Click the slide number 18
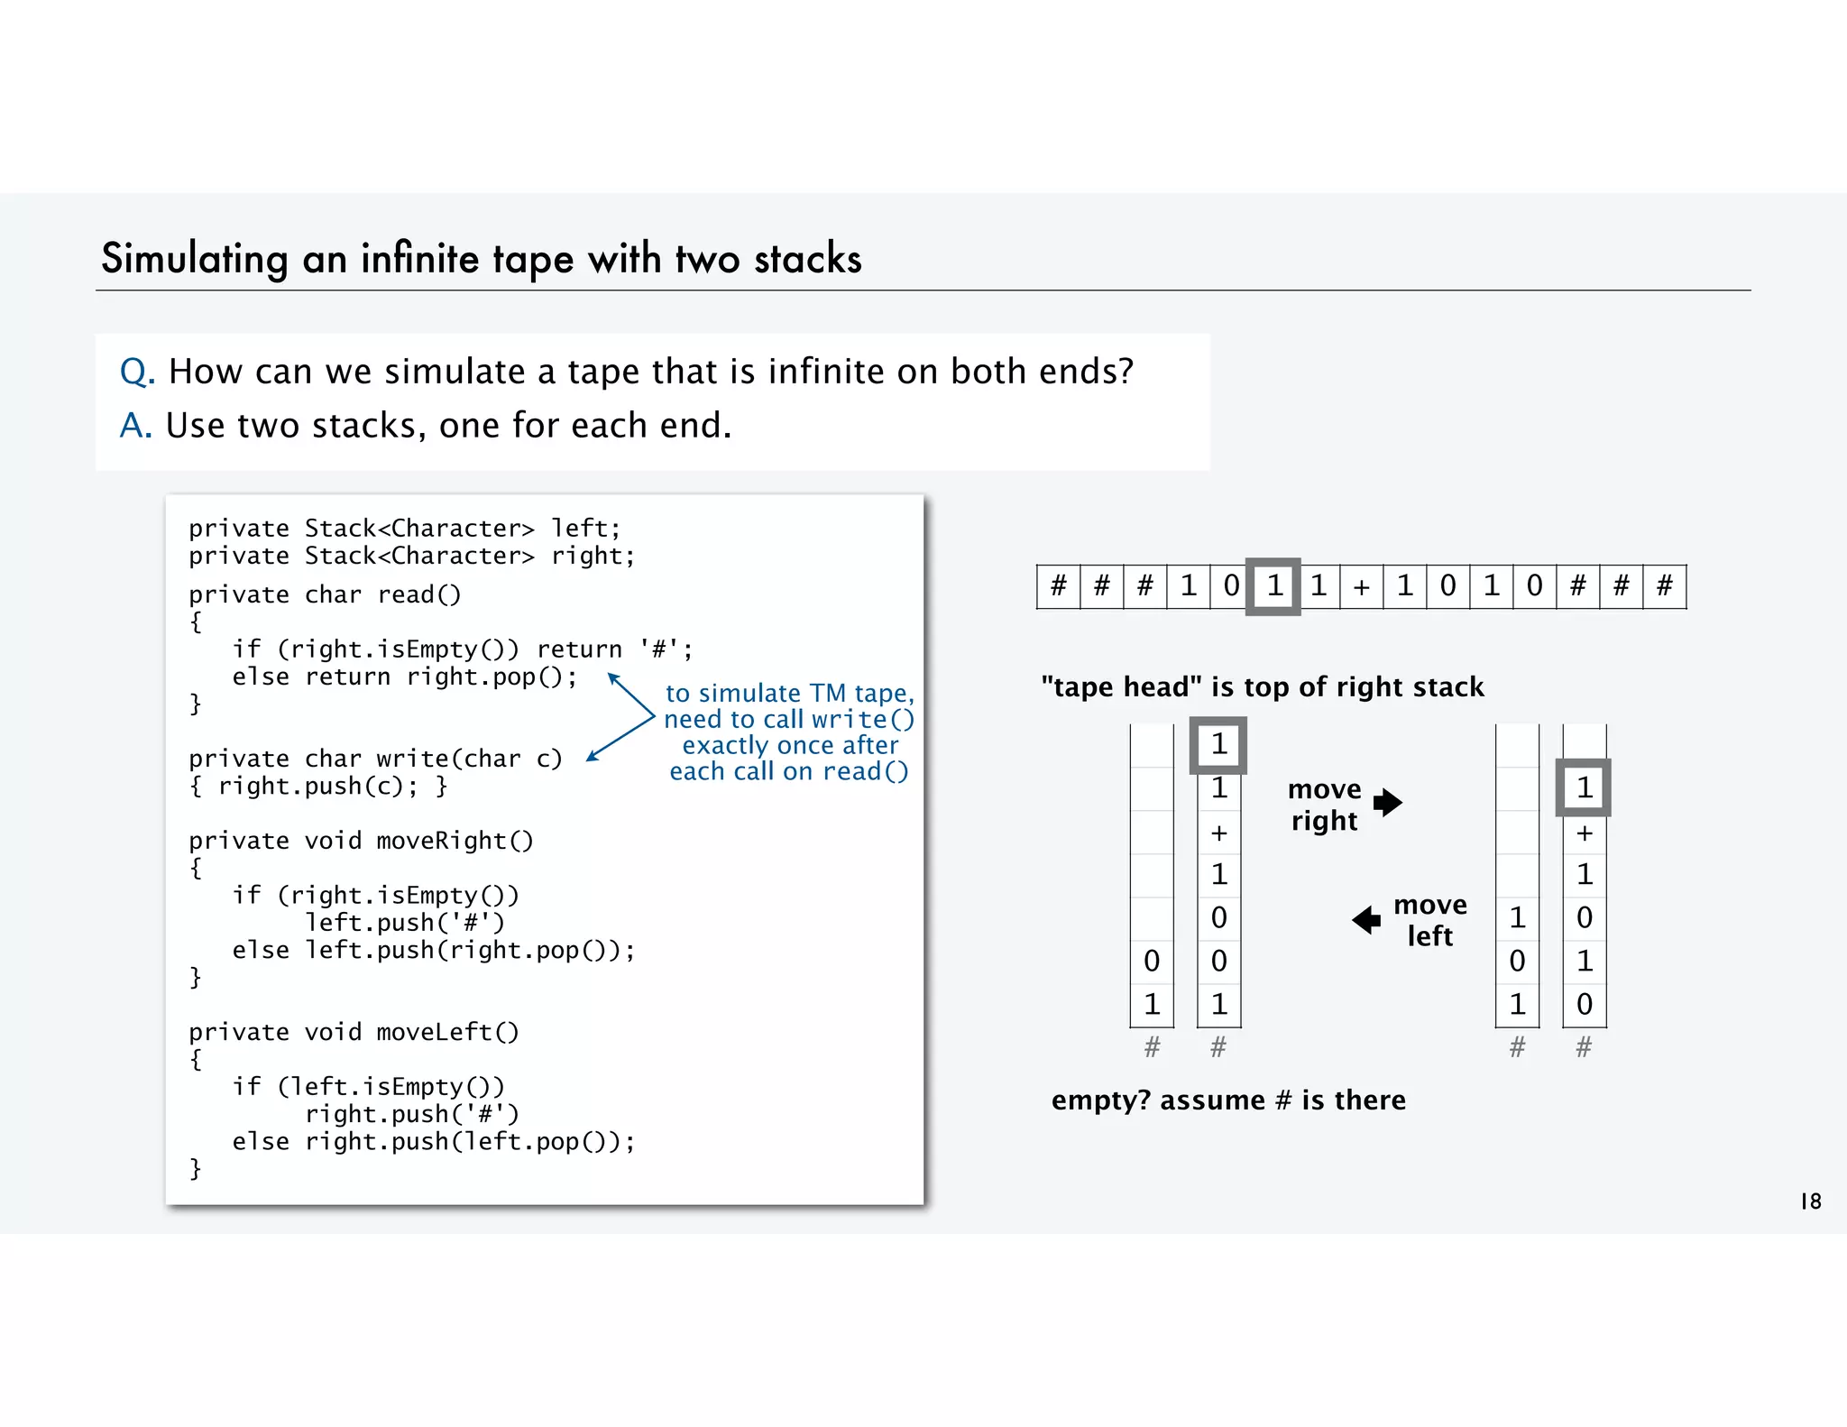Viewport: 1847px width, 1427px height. (1810, 1201)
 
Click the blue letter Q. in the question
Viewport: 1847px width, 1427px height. (137, 372)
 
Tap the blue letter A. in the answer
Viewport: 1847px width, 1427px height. (136, 426)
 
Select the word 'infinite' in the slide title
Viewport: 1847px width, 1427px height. (420, 259)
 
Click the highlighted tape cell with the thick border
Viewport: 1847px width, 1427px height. (1273, 586)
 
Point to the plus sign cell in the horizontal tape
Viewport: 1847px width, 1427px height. (1361, 587)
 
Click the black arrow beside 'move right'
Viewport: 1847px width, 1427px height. (1388, 802)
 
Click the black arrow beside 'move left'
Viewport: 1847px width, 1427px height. (1367, 920)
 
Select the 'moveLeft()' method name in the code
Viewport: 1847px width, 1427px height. (447, 1032)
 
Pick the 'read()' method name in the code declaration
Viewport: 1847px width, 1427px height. (419, 595)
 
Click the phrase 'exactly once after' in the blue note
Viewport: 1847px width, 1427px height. (790, 745)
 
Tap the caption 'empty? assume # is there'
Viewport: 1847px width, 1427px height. (1228, 1100)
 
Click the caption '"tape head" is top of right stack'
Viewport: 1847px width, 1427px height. (1262, 687)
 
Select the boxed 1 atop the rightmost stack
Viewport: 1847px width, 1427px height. (1584, 788)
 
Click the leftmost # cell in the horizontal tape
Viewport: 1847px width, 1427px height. (1059, 587)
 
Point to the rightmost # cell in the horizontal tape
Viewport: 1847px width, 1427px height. (1665, 587)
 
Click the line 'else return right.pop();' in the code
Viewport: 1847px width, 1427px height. (405, 677)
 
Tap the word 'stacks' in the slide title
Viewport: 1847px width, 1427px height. (808, 259)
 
